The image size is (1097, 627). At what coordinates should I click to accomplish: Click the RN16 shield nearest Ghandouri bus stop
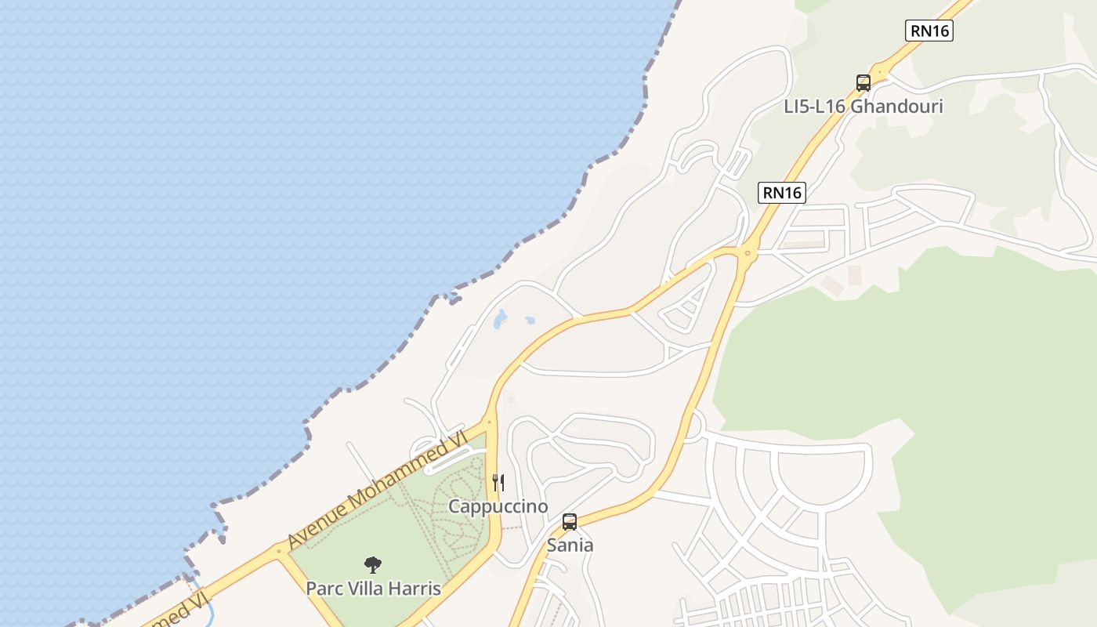pyautogui.click(x=929, y=31)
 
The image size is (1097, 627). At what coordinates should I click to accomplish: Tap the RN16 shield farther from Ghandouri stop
pyautogui.click(x=782, y=193)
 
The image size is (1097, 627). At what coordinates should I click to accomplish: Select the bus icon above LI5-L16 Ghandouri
pyautogui.click(x=863, y=82)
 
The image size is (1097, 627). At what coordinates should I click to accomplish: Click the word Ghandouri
pyautogui.click(x=896, y=106)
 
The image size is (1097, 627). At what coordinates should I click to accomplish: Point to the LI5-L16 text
pyautogui.click(x=815, y=106)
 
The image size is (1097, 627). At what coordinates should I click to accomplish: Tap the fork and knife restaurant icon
pyautogui.click(x=498, y=482)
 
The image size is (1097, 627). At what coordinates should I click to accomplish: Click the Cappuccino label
pyautogui.click(x=498, y=506)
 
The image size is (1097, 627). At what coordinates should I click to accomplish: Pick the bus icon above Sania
pyautogui.click(x=570, y=521)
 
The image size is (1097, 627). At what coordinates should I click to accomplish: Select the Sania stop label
pyautogui.click(x=570, y=545)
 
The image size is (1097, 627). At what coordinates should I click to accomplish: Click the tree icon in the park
pyautogui.click(x=374, y=564)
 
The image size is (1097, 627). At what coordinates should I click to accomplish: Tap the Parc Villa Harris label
pyautogui.click(x=374, y=588)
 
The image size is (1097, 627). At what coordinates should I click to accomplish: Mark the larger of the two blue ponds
pyautogui.click(x=500, y=318)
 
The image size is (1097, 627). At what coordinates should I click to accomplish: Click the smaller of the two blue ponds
pyautogui.click(x=530, y=321)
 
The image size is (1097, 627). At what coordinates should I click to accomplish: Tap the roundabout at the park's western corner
pyautogui.click(x=279, y=551)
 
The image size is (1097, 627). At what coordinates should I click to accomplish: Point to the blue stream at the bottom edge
pyautogui.click(x=208, y=614)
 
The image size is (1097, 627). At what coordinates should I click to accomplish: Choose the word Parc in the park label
pyautogui.click(x=324, y=588)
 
